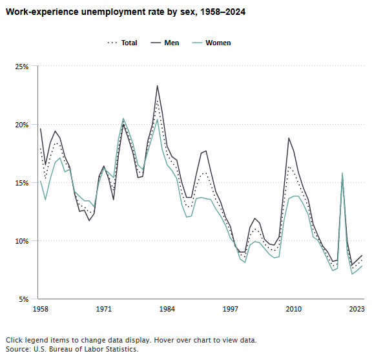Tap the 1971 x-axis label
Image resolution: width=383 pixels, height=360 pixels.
pyautogui.click(x=103, y=310)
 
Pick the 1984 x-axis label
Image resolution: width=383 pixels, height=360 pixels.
pyautogui.click(x=167, y=310)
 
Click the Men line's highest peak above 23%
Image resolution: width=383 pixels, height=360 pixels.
pyautogui.click(x=157, y=86)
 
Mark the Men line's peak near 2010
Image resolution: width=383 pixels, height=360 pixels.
pyautogui.click(x=289, y=138)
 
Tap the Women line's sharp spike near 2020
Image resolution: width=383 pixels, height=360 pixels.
pyautogui.click(x=342, y=173)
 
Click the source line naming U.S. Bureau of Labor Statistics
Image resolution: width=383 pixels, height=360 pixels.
pyautogui.click(x=72, y=349)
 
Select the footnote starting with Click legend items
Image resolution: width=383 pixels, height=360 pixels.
pyautogui.click(x=131, y=339)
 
